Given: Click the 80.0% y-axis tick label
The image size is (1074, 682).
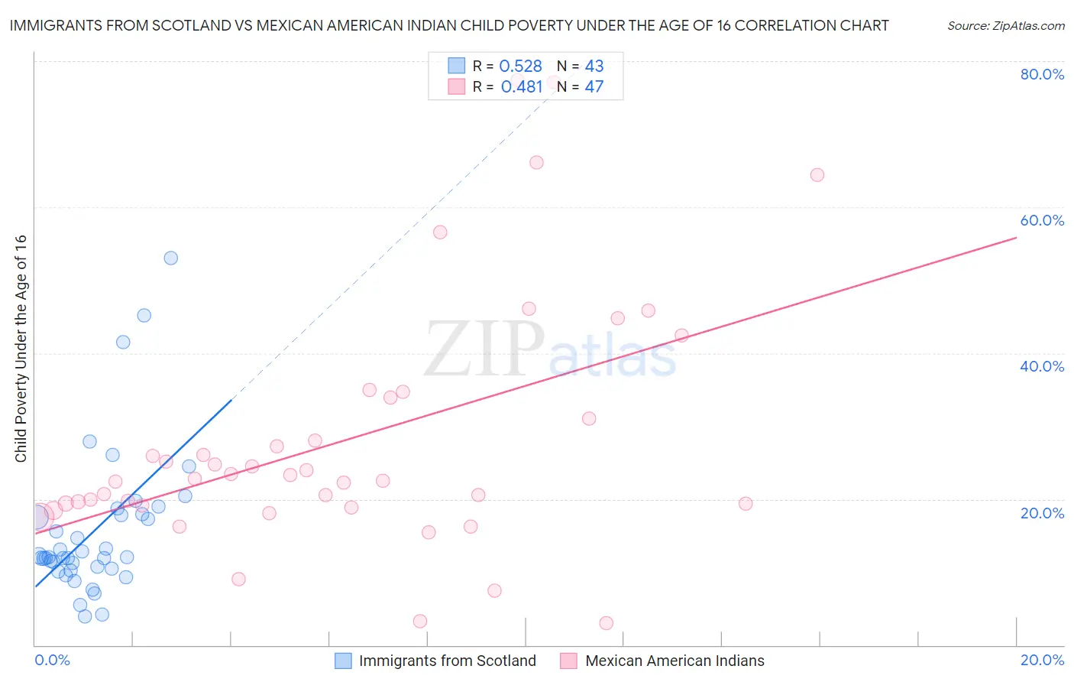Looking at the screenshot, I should pos(1042,74).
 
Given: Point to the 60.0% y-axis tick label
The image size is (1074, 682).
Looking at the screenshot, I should pos(1042,220).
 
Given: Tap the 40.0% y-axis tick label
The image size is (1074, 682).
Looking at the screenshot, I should pos(1042,366).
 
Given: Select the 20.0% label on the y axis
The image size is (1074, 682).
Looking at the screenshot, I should pos(1042,513).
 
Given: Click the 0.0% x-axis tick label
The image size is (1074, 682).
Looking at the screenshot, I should pos(52,660).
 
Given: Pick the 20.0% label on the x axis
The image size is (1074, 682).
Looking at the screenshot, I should pos(1042,660).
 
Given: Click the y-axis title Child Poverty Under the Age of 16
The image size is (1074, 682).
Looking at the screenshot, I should pos(21,348).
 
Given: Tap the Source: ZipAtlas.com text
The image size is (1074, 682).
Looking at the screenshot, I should pos(1005,26).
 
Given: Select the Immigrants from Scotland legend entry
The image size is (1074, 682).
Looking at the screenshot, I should pos(436,661).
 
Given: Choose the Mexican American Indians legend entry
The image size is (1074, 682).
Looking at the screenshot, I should pos(662,661).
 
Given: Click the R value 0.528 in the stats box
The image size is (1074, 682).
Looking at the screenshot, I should pos(520,67).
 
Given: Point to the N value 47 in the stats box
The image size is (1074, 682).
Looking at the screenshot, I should pos(594,87).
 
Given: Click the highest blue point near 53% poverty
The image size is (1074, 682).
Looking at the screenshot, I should pos(171,258).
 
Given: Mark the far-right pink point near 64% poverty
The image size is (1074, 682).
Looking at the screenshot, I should pos(817,175).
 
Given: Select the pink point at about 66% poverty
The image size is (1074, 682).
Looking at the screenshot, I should pos(536,162).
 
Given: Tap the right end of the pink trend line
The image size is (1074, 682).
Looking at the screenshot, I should pos(1016,238).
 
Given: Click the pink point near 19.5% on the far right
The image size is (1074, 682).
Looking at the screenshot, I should pos(746,503).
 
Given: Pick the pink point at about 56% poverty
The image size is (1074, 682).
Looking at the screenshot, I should pos(440,232).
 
